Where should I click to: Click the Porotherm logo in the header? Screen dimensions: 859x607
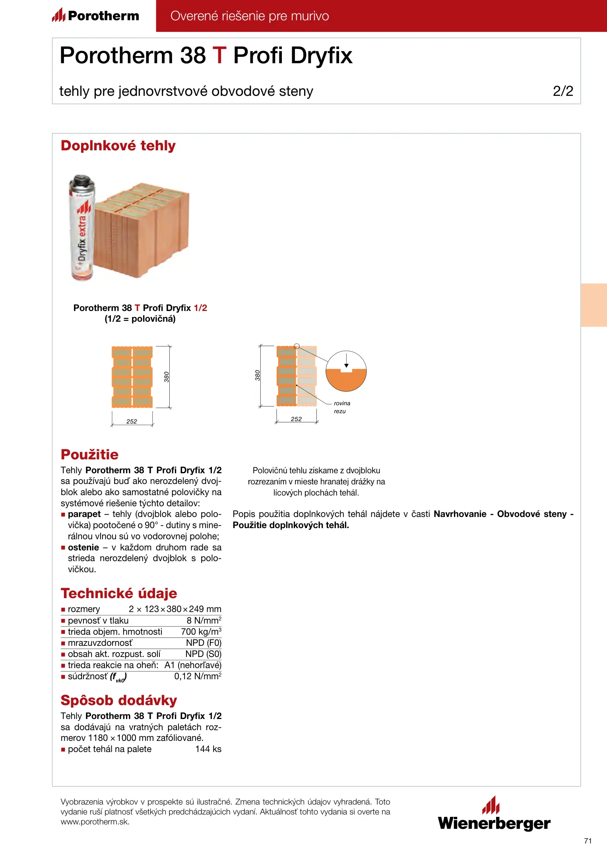95,16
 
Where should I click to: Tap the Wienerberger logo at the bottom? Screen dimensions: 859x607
494,815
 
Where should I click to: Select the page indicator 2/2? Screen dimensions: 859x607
563,91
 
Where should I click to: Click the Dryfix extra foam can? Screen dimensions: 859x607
82,228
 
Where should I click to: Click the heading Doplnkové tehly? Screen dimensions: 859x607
118,146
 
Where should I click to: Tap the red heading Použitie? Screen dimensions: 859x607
89,455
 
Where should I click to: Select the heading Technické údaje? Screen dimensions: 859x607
119,593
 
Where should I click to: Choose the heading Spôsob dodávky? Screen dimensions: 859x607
119,700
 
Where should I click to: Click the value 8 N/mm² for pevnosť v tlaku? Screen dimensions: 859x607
204,620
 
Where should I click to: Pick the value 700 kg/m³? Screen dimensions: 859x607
201,632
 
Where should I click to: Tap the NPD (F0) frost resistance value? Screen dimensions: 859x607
204,643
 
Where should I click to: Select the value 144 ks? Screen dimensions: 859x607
208,749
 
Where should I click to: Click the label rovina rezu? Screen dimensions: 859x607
341,407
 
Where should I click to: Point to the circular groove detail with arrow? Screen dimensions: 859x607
346,371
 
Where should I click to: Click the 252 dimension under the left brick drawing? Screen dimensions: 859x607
132,422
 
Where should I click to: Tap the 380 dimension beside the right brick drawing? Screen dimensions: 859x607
258,375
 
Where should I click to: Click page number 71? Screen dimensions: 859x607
588,841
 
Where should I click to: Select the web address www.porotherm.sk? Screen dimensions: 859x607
95,822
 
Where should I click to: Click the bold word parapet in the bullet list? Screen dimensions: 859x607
84,514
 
